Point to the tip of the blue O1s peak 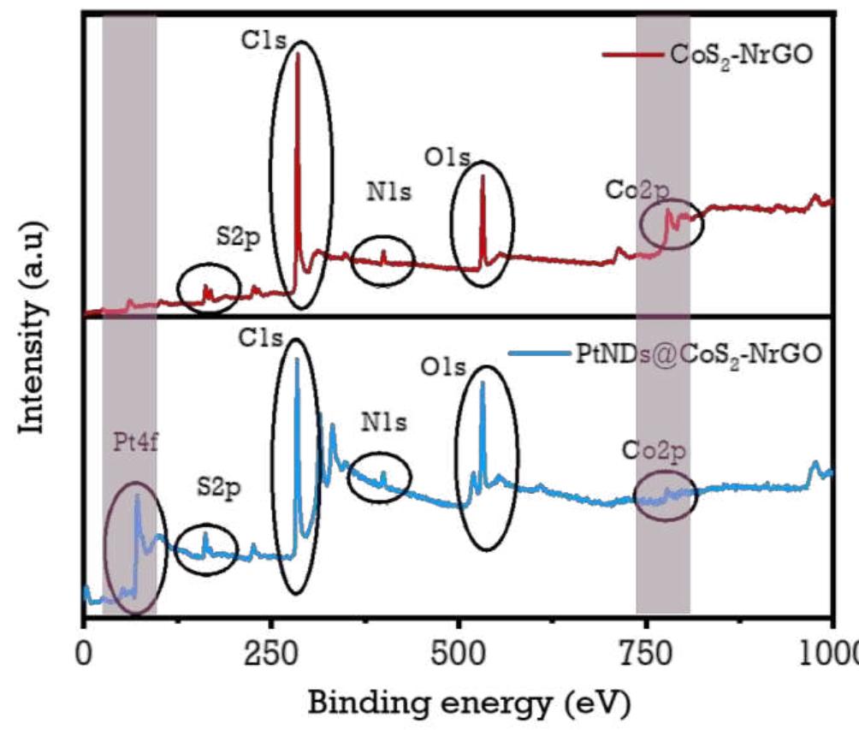[483, 382]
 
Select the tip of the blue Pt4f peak [137, 495]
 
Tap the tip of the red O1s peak [483, 176]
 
